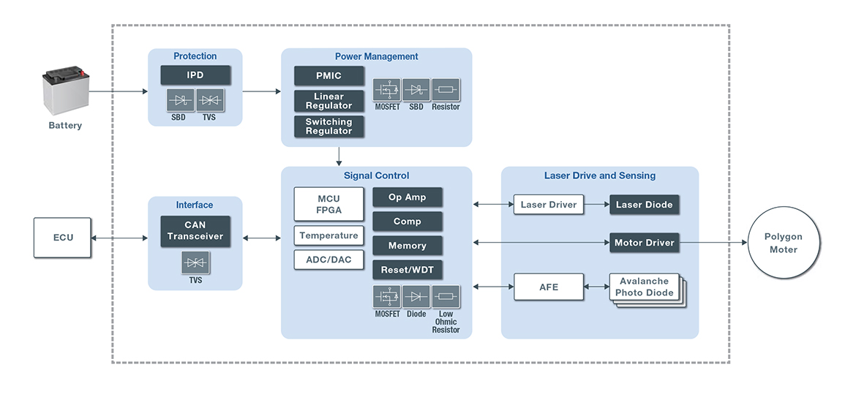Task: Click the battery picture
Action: coord(66,91)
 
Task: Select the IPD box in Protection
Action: coord(195,75)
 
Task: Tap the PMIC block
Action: coord(328,76)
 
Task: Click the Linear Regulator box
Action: coord(328,101)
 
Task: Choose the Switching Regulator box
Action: coord(328,126)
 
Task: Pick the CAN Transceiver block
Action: coord(195,231)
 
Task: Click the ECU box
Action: coord(63,238)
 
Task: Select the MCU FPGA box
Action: coord(328,204)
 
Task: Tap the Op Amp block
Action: coord(407,197)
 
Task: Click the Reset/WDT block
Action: coord(407,270)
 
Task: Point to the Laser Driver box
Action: coord(549,205)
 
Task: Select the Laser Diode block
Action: coord(644,205)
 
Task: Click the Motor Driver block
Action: coord(644,243)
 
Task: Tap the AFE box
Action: coord(549,287)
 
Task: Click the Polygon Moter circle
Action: coord(784,242)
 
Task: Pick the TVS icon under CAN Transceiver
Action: coord(195,262)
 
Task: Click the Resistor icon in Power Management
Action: coord(446,90)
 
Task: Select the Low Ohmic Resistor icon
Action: coord(446,297)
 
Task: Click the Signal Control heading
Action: coord(376,175)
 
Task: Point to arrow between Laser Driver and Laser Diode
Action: coord(596,205)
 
